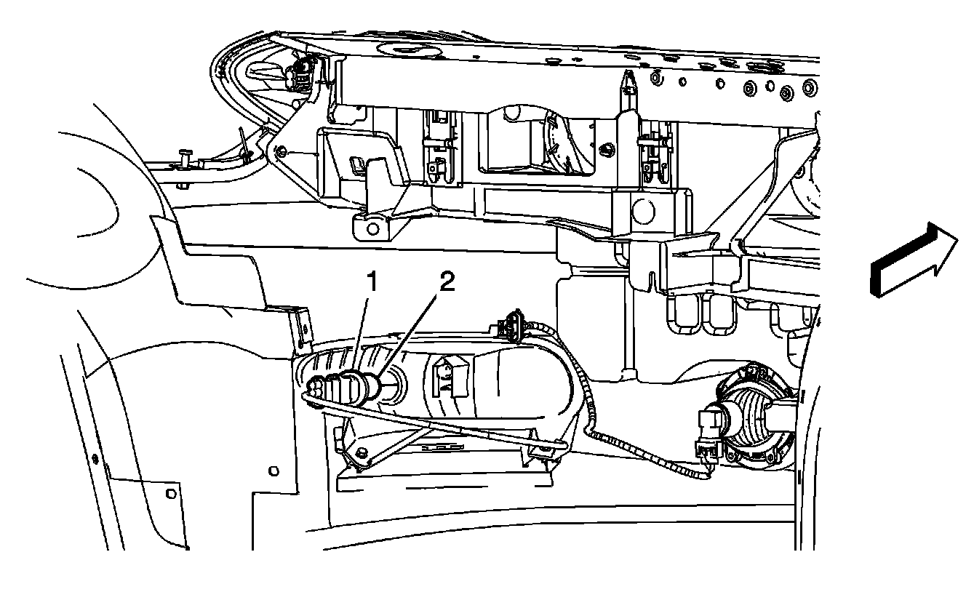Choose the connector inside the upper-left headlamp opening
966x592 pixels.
(302, 73)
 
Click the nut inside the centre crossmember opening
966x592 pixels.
(605, 148)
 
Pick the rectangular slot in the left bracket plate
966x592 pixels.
(357, 164)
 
